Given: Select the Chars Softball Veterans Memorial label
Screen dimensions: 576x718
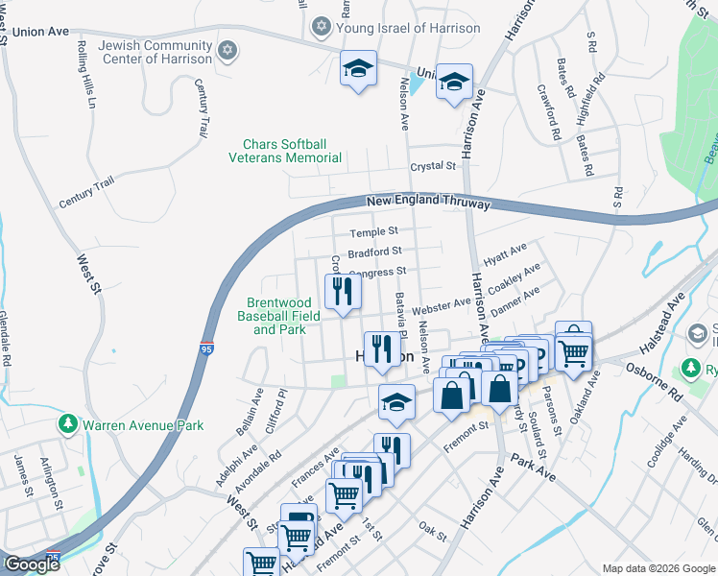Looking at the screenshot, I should coord(284,151).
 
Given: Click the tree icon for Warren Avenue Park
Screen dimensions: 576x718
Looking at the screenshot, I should coord(68,423).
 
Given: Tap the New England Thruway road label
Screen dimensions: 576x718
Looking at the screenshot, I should coord(428,203).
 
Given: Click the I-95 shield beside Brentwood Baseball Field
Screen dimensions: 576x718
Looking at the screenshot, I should coord(207,343).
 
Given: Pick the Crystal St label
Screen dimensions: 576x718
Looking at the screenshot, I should coord(433,166).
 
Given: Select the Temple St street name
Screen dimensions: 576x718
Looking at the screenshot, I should coord(373,232).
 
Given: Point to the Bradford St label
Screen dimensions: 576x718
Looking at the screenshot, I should coord(374,252).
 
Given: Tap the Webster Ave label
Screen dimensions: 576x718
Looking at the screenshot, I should coord(441,307).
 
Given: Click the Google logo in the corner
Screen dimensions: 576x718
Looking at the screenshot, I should coord(32,564).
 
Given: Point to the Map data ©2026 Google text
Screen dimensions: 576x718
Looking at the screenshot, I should coord(658,568).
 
